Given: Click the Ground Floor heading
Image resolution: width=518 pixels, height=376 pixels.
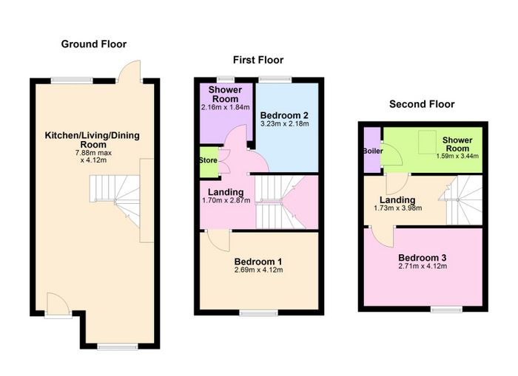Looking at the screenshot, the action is click(94, 44).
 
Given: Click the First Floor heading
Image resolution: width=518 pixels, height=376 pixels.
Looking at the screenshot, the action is click(258, 60).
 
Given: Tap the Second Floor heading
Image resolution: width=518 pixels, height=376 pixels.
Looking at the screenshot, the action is click(422, 104).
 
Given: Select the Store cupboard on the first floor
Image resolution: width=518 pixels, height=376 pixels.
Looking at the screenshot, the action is click(209, 162).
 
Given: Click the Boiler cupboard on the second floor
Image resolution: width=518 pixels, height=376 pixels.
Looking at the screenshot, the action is click(372, 150).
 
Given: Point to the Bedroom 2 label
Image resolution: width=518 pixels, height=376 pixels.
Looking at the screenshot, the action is click(284, 115).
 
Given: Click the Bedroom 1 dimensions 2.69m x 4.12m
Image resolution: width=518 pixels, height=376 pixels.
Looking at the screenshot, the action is click(259, 270).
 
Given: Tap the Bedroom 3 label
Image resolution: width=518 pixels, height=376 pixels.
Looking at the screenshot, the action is click(423, 258).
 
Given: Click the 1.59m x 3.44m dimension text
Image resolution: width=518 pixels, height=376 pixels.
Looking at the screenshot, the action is click(457, 156).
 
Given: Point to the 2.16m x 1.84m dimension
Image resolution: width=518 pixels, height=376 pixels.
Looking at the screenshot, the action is click(225, 108).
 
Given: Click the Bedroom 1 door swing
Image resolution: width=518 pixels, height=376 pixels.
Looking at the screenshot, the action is click(218, 240).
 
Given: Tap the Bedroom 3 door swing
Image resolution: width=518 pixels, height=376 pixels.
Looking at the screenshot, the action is click(382, 236).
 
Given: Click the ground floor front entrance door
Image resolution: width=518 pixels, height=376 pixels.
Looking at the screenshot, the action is click(58, 305).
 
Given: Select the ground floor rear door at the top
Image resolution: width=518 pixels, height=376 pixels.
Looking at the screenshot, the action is click(129, 71).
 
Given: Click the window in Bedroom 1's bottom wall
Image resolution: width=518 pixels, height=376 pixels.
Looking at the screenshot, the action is click(259, 313).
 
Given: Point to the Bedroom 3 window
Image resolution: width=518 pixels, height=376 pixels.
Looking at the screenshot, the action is click(446, 309).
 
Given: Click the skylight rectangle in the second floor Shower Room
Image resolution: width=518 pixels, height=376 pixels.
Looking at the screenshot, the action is click(427, 142).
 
